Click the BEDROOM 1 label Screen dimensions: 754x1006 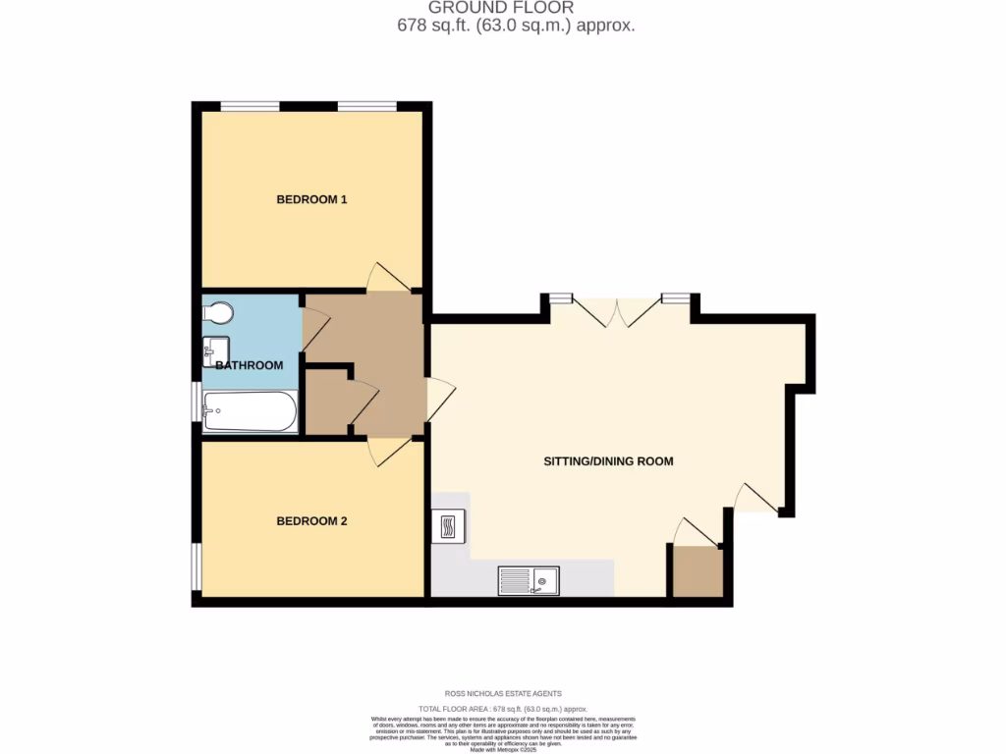pos(311,199)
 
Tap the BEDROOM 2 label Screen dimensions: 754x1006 pos(311,521)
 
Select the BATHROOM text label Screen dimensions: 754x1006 pos(250,365)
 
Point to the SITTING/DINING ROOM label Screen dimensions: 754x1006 pos(608,460)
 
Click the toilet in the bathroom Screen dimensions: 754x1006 pos(218,312)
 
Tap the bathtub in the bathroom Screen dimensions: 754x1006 pos(250,412)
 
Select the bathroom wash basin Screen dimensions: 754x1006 pos(215,350)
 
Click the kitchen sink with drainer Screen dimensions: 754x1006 pos(528,580)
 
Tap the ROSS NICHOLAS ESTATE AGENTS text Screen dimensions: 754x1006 pos(503,694)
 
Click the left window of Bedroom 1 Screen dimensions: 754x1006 pos(250,106)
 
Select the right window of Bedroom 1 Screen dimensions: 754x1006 pos(368,106)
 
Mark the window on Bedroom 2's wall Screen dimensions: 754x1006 pos(196,566)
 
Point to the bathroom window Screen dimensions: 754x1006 pos(196,402)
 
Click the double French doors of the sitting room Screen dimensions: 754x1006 pos(616,309)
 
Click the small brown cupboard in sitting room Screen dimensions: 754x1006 pos(698,571)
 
